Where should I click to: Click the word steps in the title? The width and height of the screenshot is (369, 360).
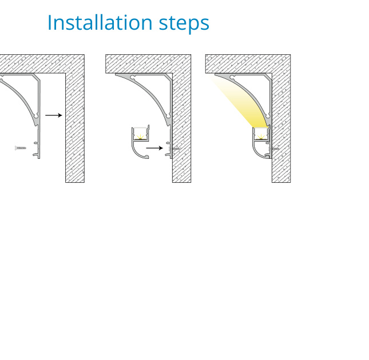[184, 24]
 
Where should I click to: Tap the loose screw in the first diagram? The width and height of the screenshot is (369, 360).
[21, 148]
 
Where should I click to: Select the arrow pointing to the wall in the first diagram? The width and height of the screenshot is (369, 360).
[54, 115]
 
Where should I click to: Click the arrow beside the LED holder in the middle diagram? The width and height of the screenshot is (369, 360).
[154, 148]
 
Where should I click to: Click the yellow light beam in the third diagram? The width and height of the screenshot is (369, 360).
[243, 103]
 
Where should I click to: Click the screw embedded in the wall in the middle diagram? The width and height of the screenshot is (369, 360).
[174, 149]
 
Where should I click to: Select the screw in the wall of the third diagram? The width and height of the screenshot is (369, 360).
[274, 149]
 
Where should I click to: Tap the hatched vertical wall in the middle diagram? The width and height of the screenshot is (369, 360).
[182, 127]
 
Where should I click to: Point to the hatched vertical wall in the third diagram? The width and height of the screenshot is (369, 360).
[281, 127]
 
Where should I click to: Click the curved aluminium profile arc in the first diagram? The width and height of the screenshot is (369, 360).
[23, 94]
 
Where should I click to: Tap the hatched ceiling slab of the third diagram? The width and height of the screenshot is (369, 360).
[248, 64]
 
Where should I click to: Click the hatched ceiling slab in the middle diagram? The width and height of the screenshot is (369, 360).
[148, 64]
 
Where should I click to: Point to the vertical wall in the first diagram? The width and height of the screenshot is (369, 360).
[75, 127]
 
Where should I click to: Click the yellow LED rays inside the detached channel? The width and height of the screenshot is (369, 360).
[141, 137]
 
